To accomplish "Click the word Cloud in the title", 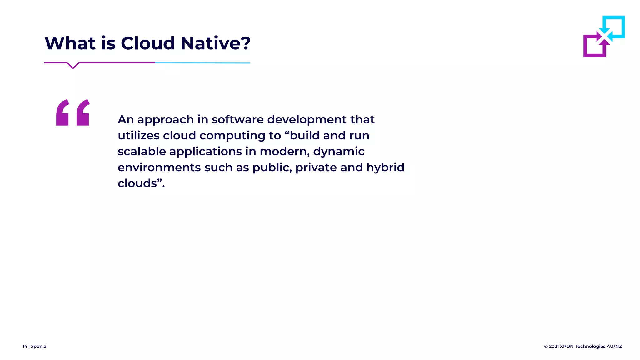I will pos(147,43).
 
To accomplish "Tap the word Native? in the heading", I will pos(216,43).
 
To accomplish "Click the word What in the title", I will pos(70,43).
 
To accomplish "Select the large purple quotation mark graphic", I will pos(73,112).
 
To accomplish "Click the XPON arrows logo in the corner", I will pos(604,36).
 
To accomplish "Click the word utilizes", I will pos(138,136).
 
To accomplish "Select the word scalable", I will pos(142,152).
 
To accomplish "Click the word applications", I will pos(205,152).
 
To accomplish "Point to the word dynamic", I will pos(339,152).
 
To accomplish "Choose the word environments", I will pos(159,167).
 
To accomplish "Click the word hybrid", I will pos(385,167).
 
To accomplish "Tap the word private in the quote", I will pos(316,167).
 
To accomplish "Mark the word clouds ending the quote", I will pos(137,183).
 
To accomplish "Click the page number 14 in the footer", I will pos(25,346).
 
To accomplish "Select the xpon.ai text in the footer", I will pos(39,346).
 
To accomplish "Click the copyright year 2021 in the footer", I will pos(554,346).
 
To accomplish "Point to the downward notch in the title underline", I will pos(73,66).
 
